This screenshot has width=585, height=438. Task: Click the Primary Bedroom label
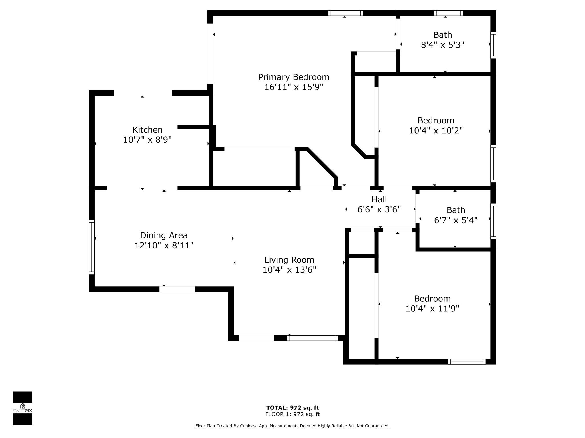tap(294, 77)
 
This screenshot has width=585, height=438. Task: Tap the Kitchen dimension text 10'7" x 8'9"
tap(147, 140)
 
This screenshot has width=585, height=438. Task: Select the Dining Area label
tap(164, 235)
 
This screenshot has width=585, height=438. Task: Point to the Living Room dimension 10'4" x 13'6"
tap(289, 270)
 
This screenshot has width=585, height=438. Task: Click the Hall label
tap(379, 199)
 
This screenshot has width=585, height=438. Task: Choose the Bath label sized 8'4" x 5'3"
tap(442, 35)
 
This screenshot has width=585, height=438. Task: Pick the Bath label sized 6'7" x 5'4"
tap(456, 210)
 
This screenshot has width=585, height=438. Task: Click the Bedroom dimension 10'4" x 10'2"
tap(436, 131)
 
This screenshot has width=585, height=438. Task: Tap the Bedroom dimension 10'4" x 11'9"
tap(432, 309)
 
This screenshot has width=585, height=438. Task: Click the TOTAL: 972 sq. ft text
tap(292, 408)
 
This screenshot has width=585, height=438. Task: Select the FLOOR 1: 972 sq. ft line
tap(292, 414)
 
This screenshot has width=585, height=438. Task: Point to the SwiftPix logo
tap(23, 408)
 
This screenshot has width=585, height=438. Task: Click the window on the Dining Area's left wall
tap(91, 247)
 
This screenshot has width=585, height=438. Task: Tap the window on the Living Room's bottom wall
tap(313, 338)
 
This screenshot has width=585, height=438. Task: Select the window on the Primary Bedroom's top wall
tap(345, 13)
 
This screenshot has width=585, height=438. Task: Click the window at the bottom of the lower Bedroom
tap(466, 362)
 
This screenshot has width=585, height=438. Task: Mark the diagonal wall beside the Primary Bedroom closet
tap(322, 163)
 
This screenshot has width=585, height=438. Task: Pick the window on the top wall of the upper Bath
tap(448, 13)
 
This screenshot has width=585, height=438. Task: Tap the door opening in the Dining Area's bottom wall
tap(177, 289)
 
